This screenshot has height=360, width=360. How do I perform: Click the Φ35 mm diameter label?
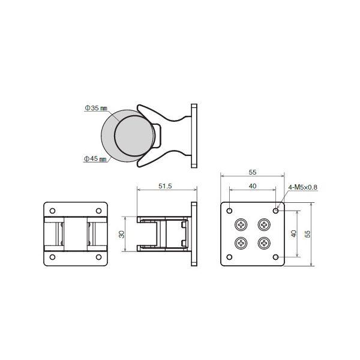[x=96, y=108]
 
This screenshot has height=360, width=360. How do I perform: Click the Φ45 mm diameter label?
[x=95, y=158]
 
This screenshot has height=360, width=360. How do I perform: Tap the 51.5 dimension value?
[x=165, y=186]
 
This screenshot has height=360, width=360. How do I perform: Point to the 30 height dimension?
[x=122, y=234]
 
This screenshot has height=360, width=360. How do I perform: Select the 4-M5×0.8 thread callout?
[x=302, y=187]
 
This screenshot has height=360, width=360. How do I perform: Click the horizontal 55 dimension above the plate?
[x=253, y=172]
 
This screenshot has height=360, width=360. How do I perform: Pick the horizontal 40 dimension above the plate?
[x=253, y=186]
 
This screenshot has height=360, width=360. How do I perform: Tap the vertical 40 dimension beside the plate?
[x=293, y=234]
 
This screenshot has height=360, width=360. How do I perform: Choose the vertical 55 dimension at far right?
[x=307, y=234]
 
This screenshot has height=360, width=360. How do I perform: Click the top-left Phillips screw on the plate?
[x=241, y=224]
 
